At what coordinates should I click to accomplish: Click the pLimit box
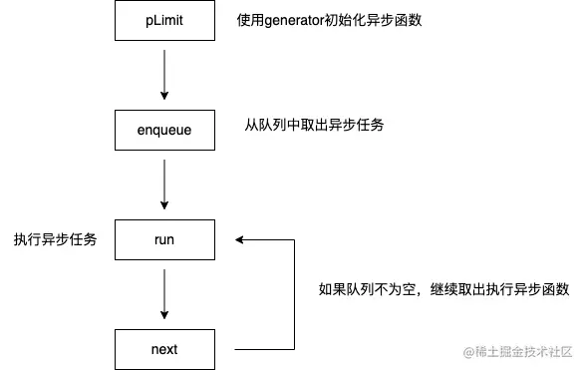click(163, 19)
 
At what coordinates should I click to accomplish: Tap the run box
click(163, 239)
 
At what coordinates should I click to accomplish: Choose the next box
click(163, 349)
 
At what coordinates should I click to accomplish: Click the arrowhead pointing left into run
click(239, 239)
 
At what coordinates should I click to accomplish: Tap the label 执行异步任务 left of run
click(55, 240)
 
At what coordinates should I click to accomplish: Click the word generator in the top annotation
click(300, 20)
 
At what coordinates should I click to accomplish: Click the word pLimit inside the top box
click(163, 19)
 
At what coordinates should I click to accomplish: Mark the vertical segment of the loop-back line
click(295, 294)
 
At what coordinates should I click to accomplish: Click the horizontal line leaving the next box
click(264, 349)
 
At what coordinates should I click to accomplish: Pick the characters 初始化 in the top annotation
click(354, 20)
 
